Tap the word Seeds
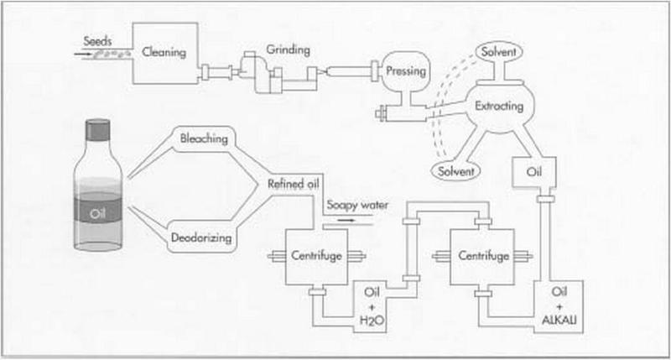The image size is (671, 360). [x=99, y=39]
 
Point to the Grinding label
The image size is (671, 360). [x=289, y=50]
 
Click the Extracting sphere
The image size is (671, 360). [x=500, y=107]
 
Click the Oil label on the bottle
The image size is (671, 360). [x=99, y=212]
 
